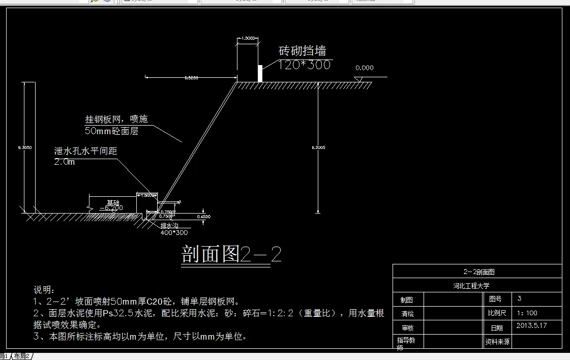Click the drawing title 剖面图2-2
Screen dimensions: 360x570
[231, 255]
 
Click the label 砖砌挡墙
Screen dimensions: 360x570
[302, 51]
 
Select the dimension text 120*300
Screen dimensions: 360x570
[305, 65]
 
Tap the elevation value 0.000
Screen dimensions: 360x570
[364, 68]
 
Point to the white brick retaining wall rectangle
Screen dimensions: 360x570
[260, 73]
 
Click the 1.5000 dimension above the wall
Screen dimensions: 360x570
[249, 39]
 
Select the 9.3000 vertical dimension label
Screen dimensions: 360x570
[24, 147]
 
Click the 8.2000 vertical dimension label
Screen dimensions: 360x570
[318, 147]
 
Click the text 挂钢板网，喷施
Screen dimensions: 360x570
[116, 119]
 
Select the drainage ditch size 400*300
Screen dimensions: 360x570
[174, 232]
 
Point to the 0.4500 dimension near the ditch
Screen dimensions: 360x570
[203, 217]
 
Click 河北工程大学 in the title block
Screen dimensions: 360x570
[471, 286]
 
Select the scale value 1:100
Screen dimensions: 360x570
[527, 313]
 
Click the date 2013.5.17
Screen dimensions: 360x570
[531, 326]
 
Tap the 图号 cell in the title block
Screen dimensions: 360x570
[495, 299]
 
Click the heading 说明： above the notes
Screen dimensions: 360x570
[44, 290]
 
